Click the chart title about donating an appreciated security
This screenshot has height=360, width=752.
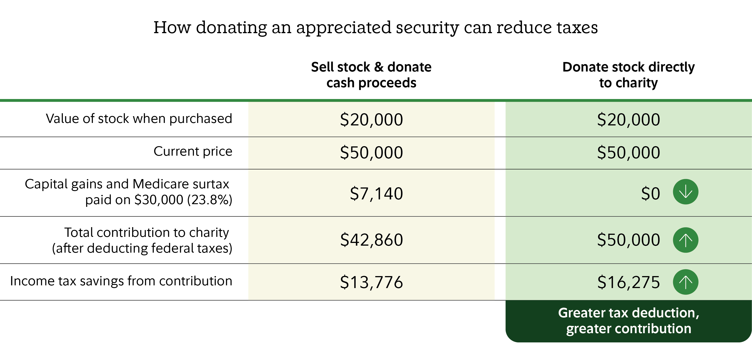tap(376, 28)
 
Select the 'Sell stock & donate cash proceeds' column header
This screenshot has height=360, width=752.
tap(371, 75)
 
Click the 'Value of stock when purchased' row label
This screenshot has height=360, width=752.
tap(139, 119)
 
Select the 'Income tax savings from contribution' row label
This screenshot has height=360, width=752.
tap(121, 281)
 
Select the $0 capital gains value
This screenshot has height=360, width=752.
tap(651, 193)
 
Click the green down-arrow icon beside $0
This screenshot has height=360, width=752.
tap(685, 192)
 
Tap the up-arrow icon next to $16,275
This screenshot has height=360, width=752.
tap(685, 282)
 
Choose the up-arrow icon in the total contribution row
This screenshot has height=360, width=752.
tap(685, 240)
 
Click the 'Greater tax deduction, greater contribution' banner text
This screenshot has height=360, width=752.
tap(629, 321)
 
